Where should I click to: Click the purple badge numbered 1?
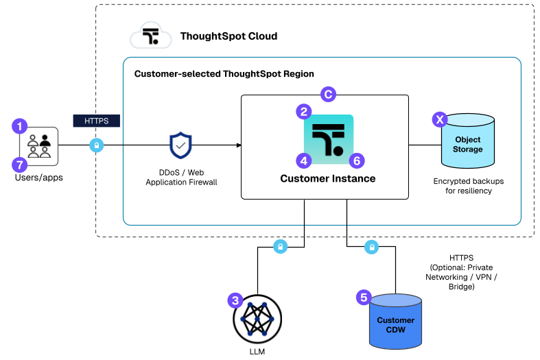tap(20, 126)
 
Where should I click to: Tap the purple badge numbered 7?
tap(20, 165)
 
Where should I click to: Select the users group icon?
tap(38, 146)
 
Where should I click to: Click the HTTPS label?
tap(96, 121)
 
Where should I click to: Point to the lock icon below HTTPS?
tap(97, 145)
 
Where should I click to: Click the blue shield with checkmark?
tap(180, 145)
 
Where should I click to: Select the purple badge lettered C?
tap(328, 95)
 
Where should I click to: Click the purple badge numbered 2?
tap(304, 111)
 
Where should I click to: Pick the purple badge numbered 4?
tap(304, 160)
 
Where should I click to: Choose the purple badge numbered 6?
tap(356, 160)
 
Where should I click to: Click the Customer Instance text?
tap(328, 179)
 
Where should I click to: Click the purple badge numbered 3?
tap(235, 300)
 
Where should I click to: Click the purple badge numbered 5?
tap(364, 298)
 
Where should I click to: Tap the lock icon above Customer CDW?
tap(371, 247)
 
